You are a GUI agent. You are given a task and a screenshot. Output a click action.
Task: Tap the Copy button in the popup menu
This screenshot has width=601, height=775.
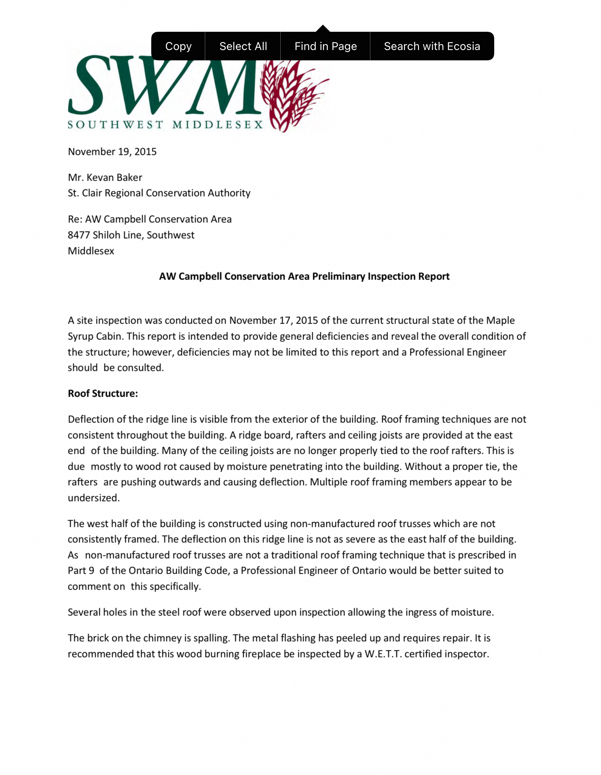(178, 46)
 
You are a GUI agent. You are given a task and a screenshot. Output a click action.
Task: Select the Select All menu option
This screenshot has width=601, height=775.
(243, 46)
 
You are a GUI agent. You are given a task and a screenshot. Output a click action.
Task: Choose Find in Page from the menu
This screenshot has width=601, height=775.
(326, 46)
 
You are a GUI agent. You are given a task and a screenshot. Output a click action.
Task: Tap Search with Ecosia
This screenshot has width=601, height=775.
(432, 46)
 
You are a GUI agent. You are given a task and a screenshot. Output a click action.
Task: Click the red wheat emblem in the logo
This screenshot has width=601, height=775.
(290, 95)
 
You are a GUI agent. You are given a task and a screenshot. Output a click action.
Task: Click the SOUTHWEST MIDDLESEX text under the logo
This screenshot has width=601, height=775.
(165, 125)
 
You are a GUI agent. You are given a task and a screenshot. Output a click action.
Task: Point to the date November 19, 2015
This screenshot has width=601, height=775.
(112, 152)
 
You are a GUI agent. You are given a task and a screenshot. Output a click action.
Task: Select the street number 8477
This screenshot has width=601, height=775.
(79, 235)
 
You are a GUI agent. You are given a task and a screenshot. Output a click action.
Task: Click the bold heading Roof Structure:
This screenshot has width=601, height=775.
(103, 393)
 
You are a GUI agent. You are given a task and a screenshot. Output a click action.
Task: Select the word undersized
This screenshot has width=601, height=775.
(93, 498)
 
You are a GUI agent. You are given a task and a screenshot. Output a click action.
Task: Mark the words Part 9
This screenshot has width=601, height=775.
(81, 571)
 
